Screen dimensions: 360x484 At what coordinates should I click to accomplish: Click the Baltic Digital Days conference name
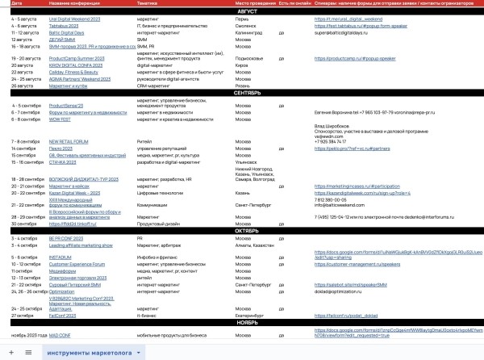pyautogui.click(x=65, y=29)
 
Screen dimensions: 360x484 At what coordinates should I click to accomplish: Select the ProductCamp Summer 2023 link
pyautogui.click(x=77, y=59)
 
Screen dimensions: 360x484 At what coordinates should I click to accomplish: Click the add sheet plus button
pyautogui.click(x=10, y=353)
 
